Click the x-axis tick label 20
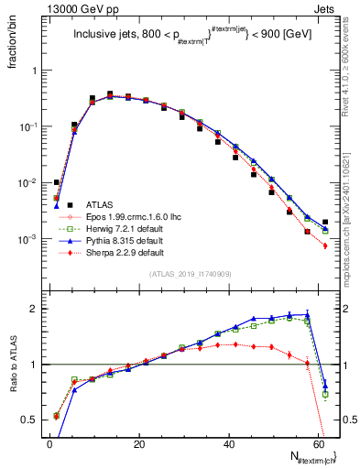(139, 444)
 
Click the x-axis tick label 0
(49, 444)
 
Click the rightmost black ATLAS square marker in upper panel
(325, 222)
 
